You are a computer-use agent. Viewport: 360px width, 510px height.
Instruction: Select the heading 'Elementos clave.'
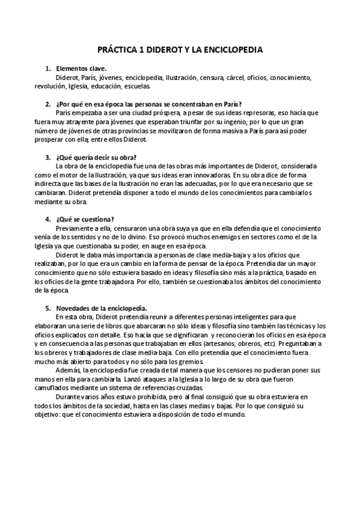point(81,69)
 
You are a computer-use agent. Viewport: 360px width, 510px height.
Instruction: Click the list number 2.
point(47,103)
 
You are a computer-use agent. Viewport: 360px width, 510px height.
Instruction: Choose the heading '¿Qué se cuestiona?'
point(85,219)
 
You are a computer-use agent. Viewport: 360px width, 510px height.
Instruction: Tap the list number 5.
point(47,307)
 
